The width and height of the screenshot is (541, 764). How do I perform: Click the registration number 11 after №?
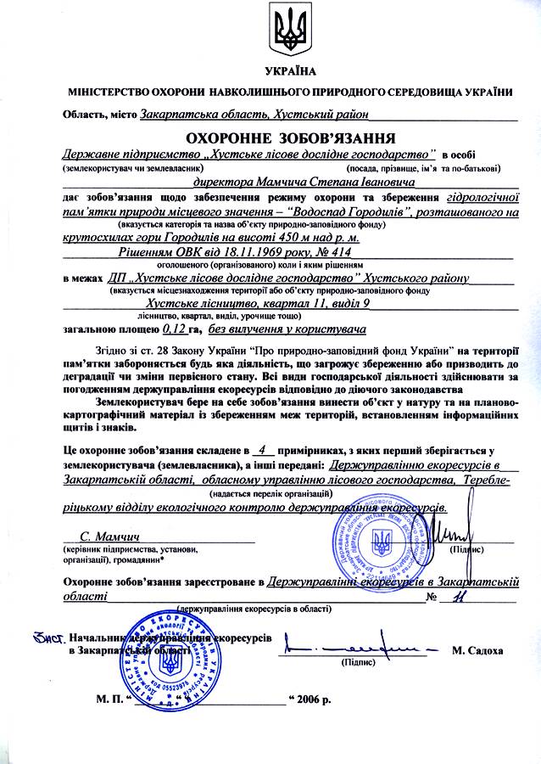pyautogui.click(x=460, y=596)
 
